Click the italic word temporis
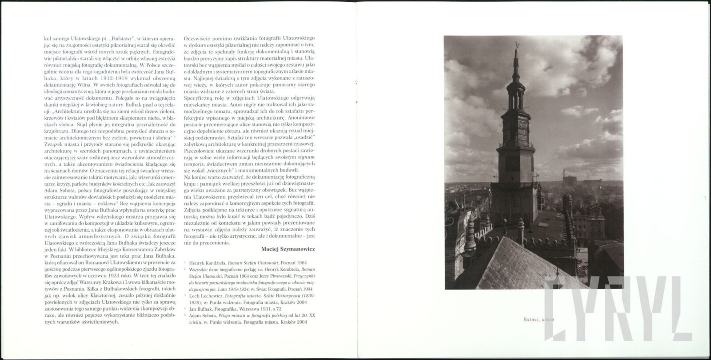[x=194, y=164]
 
